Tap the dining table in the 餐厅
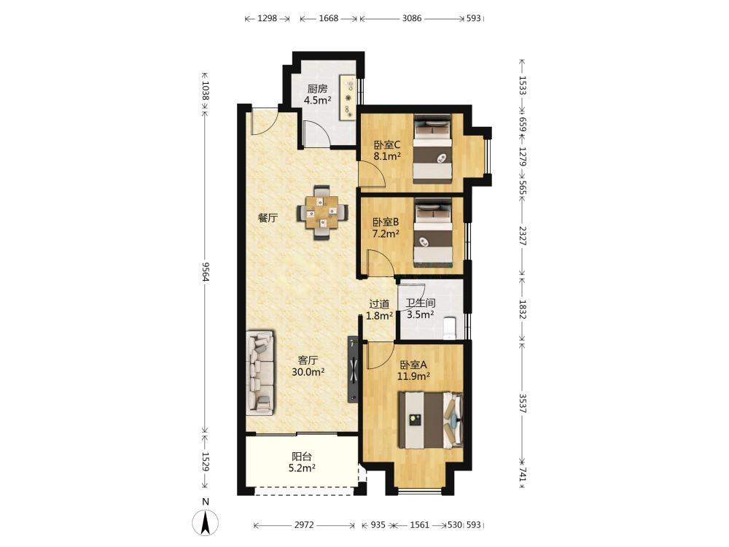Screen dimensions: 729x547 click(321, 212)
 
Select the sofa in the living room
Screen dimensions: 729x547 click(260, 372)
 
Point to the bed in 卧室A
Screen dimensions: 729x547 click(431, 421)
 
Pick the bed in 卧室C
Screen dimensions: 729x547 click(433, 149)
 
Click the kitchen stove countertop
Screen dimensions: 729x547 click(348, 98)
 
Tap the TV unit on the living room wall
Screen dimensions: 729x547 click(354, 370)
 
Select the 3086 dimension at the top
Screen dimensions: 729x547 click(411, 19)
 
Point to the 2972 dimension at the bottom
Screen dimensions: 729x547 click(304, 525)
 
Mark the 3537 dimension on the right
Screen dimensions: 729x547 click(523, 403)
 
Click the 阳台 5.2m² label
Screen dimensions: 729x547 click(302, 462)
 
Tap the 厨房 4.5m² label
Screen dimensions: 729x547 click(318, 94)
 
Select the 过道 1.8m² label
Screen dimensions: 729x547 click(379, 310)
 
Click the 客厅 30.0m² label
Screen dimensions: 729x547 click(308, 366)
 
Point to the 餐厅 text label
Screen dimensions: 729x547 click(268, 217)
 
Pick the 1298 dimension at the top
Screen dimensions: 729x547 click(267, 19)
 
